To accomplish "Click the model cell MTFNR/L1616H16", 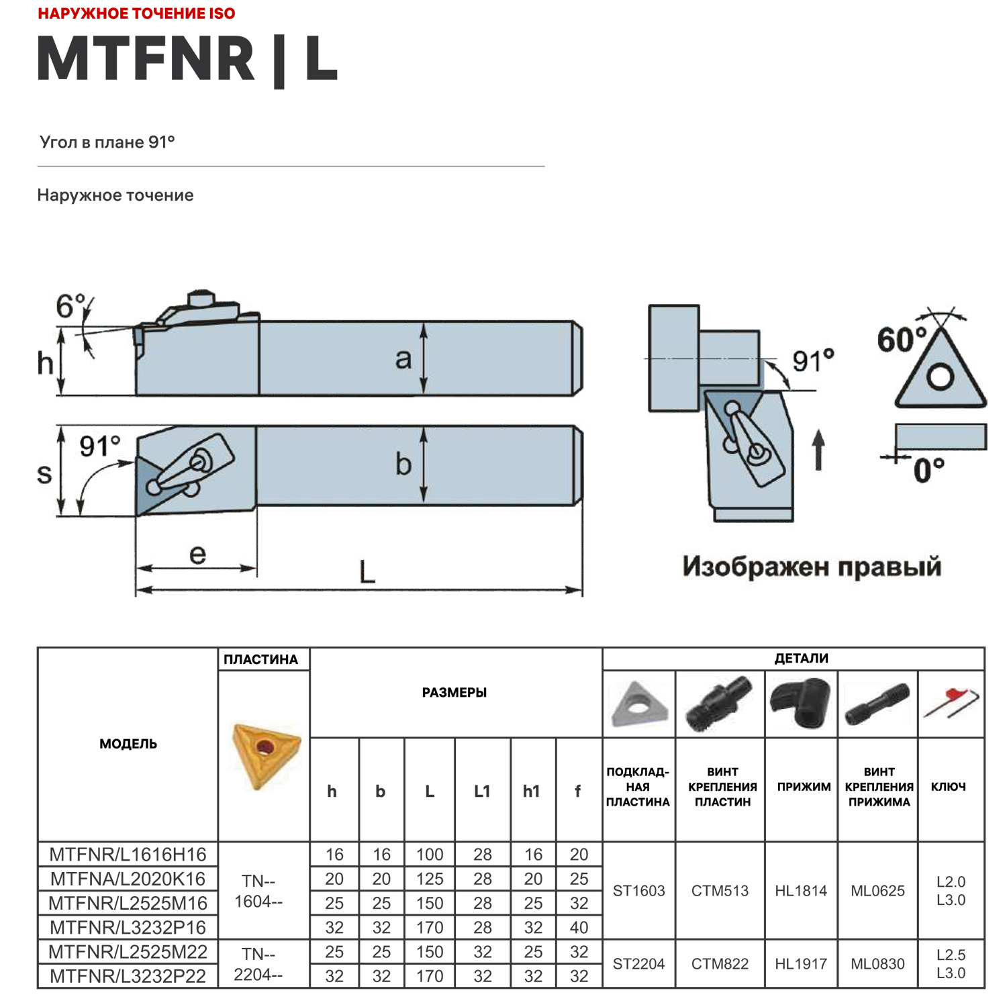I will [128, 854].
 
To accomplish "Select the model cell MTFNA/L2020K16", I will [128, 878].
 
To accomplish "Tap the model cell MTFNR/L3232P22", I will [128, 975].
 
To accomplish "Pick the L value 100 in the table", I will [429, 854].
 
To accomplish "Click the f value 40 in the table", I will [579, 927].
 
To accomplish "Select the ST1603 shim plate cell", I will [638, 890].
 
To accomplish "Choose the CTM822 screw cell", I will [720, 963].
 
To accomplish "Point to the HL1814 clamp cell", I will [801, 890].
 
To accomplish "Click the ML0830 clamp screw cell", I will [877, 963].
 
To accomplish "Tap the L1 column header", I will [482, 791].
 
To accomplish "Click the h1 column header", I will [532, 791].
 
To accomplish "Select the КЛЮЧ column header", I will [948, 786].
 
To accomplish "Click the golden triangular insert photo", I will [265, 755].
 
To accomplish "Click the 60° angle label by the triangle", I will [902, 340].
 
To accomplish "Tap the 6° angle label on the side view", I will [70, 307].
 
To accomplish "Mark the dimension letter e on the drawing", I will [197, 555].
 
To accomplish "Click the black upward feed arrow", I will [818, 450].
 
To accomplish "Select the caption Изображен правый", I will [812, 567].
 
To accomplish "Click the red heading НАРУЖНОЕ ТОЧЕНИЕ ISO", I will [136, 13].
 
